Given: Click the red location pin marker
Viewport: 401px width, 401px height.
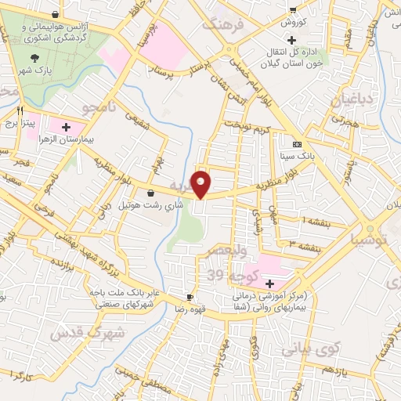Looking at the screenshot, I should tap(201, 183).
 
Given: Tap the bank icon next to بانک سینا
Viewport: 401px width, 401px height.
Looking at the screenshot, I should tap(297, 144).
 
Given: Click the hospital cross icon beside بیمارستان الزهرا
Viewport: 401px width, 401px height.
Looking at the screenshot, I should tap(66, 126).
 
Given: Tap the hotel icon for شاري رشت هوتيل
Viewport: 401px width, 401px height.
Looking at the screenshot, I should tap(150, 193).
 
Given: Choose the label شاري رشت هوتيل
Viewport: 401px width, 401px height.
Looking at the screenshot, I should tap(150, 205).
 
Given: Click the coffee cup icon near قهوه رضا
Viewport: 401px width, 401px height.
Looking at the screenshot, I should tap(190, 297).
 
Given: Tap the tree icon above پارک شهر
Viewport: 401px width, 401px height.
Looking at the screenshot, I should tap(34, 57).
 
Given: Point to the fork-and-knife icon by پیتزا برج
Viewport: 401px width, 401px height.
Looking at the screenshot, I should tap(20, 110).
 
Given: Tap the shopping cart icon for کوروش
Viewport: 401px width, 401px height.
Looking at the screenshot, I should tap(292, 10).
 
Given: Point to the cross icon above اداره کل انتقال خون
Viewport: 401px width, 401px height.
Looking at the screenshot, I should tap(292, 40).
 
